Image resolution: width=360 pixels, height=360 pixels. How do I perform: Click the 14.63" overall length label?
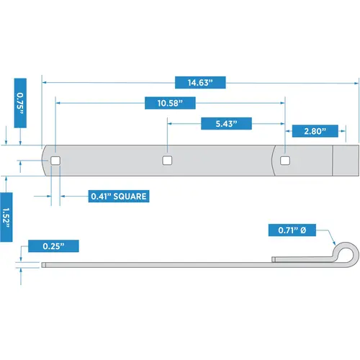[x=202, y=83]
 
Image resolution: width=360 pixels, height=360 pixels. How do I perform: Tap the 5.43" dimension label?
[x=225, y=124]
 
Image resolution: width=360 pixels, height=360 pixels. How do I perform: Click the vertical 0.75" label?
[x=19, y=102]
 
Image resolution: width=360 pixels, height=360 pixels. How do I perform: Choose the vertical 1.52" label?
[x=6, y=210]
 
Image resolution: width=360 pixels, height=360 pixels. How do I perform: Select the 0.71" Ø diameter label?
[x=292, y=230]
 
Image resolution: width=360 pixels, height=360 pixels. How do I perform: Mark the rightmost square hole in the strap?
[x=285, y=161]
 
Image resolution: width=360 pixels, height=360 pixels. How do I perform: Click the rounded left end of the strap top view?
[x=46, y=161]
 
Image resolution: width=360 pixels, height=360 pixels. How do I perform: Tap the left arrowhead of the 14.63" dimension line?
[x=45, y=83]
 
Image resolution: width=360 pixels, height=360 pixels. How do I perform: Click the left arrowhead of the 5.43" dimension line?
[x=171, y=124]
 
